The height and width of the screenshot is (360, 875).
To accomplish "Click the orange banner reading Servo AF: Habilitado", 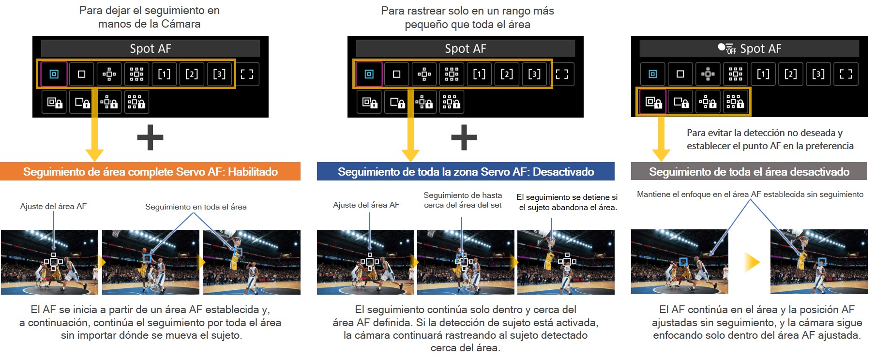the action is click(150, 172).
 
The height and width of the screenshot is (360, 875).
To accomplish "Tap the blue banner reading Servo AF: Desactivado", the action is click(466, 172).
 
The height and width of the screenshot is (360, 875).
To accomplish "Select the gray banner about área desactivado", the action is click(749, 172).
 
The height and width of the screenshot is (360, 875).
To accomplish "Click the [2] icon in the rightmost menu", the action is click(790, 74).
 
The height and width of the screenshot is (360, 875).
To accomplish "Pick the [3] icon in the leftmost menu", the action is click(219, 74).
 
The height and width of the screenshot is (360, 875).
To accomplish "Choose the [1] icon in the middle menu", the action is click(479, 74).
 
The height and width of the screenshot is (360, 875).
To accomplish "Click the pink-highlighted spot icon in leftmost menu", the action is click(54, 74).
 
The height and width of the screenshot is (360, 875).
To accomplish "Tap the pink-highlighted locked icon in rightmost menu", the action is click(653, 102).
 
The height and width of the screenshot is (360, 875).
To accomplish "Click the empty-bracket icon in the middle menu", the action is click(562, 74).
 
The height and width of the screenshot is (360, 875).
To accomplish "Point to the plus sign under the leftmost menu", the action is click(150, 137).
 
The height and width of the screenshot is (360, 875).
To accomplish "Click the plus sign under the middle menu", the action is click(464, 137).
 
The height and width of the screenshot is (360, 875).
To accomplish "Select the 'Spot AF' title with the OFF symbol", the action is click(749, 48).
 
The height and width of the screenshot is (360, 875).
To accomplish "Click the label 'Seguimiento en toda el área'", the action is click(196, 207).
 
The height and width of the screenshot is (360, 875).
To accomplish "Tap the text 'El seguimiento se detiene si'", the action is click(567, 197).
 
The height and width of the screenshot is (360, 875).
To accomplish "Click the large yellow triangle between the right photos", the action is click(752, 263).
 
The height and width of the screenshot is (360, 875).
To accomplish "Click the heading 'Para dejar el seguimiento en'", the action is click(150, 10).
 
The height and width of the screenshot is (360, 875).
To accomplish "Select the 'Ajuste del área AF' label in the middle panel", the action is click(366, 205).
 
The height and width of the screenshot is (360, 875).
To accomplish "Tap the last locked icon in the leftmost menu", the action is click(136, 102).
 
